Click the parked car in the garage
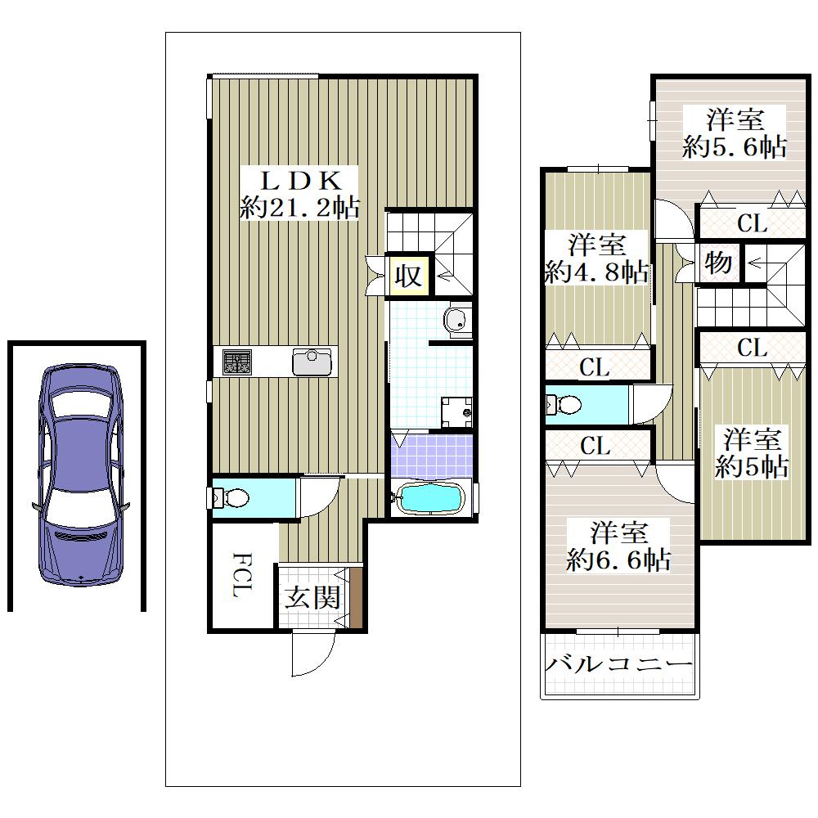click(80, 474)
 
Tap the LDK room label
click(301, 181)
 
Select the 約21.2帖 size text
click(300, 208)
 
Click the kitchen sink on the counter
click(312, 362)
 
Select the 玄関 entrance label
click(312, 597)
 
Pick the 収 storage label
click(407, 275)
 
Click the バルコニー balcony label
click(618, 664)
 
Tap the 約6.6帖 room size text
click(618, 560)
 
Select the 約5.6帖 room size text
click(735, 147)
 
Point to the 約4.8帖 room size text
click(597, 272)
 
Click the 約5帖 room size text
click(752, 466)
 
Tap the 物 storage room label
click(718, 263)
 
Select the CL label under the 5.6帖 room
click(752, 224)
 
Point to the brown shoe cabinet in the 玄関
click(356, 599)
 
